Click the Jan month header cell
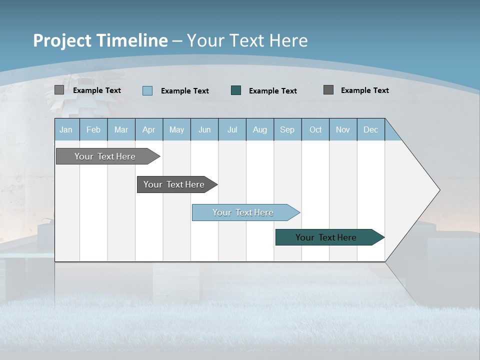[66, 129]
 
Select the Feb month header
[93, 129]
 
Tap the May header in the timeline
[176, 129]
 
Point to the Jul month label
[232, 129]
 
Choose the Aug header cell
[259, 129]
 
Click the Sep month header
[287, 129]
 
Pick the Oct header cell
[315, 129]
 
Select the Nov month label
[343, 129]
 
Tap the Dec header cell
[370, 129]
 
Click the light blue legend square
[147, 90]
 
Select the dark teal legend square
[236, 90]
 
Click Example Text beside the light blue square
[185, 91]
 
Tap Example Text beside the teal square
[273, 91]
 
